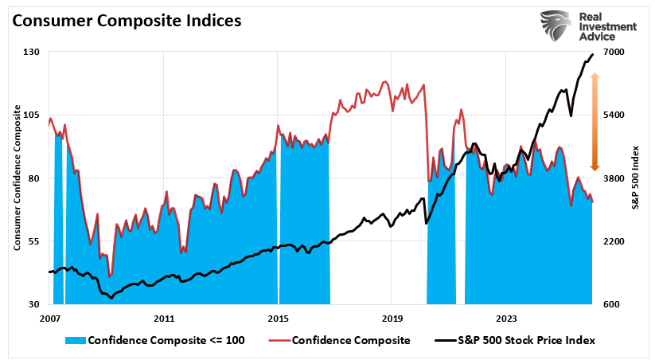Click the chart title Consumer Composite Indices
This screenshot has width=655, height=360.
(x=127, y=22)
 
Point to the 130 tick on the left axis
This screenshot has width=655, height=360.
(x=32, y=52)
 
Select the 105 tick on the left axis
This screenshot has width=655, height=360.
(x=32, y=115)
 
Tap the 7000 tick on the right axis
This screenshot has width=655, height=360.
(x=615, y=52)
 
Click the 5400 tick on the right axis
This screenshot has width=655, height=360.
(x=615, y=115)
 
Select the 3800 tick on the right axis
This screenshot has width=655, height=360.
(x=615, y=178)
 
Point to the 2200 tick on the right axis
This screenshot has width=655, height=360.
(x=615, y=241)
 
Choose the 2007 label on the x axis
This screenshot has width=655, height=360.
(x=50, y=318)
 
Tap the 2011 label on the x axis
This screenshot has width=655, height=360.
(x=164, y=318)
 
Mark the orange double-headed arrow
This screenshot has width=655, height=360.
(x=594, y=121)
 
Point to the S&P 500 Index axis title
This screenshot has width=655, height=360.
(x=635, y=178)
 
